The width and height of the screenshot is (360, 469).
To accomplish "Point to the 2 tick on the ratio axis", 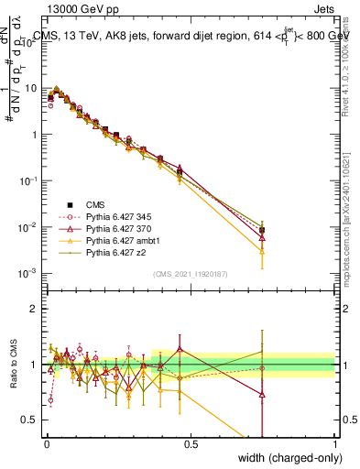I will pos(34,308).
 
